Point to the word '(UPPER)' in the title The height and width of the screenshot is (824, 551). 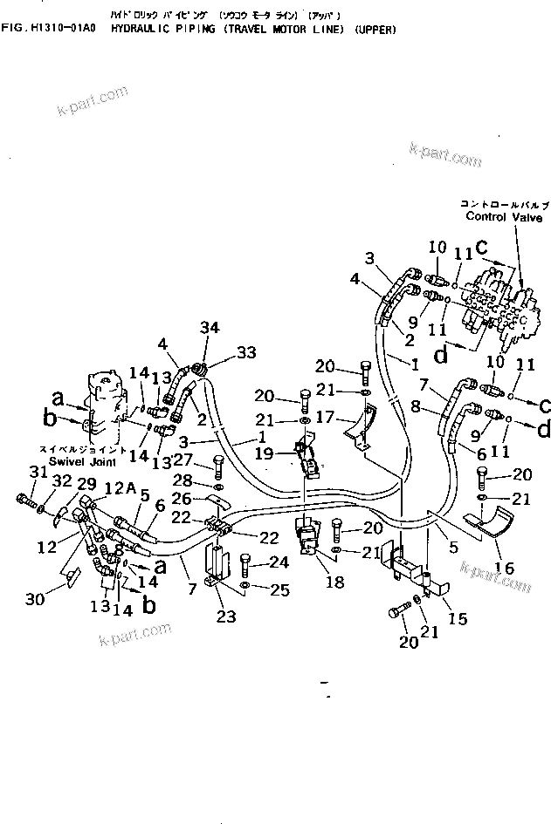point(375,30)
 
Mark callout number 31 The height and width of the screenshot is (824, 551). point(35,473)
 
